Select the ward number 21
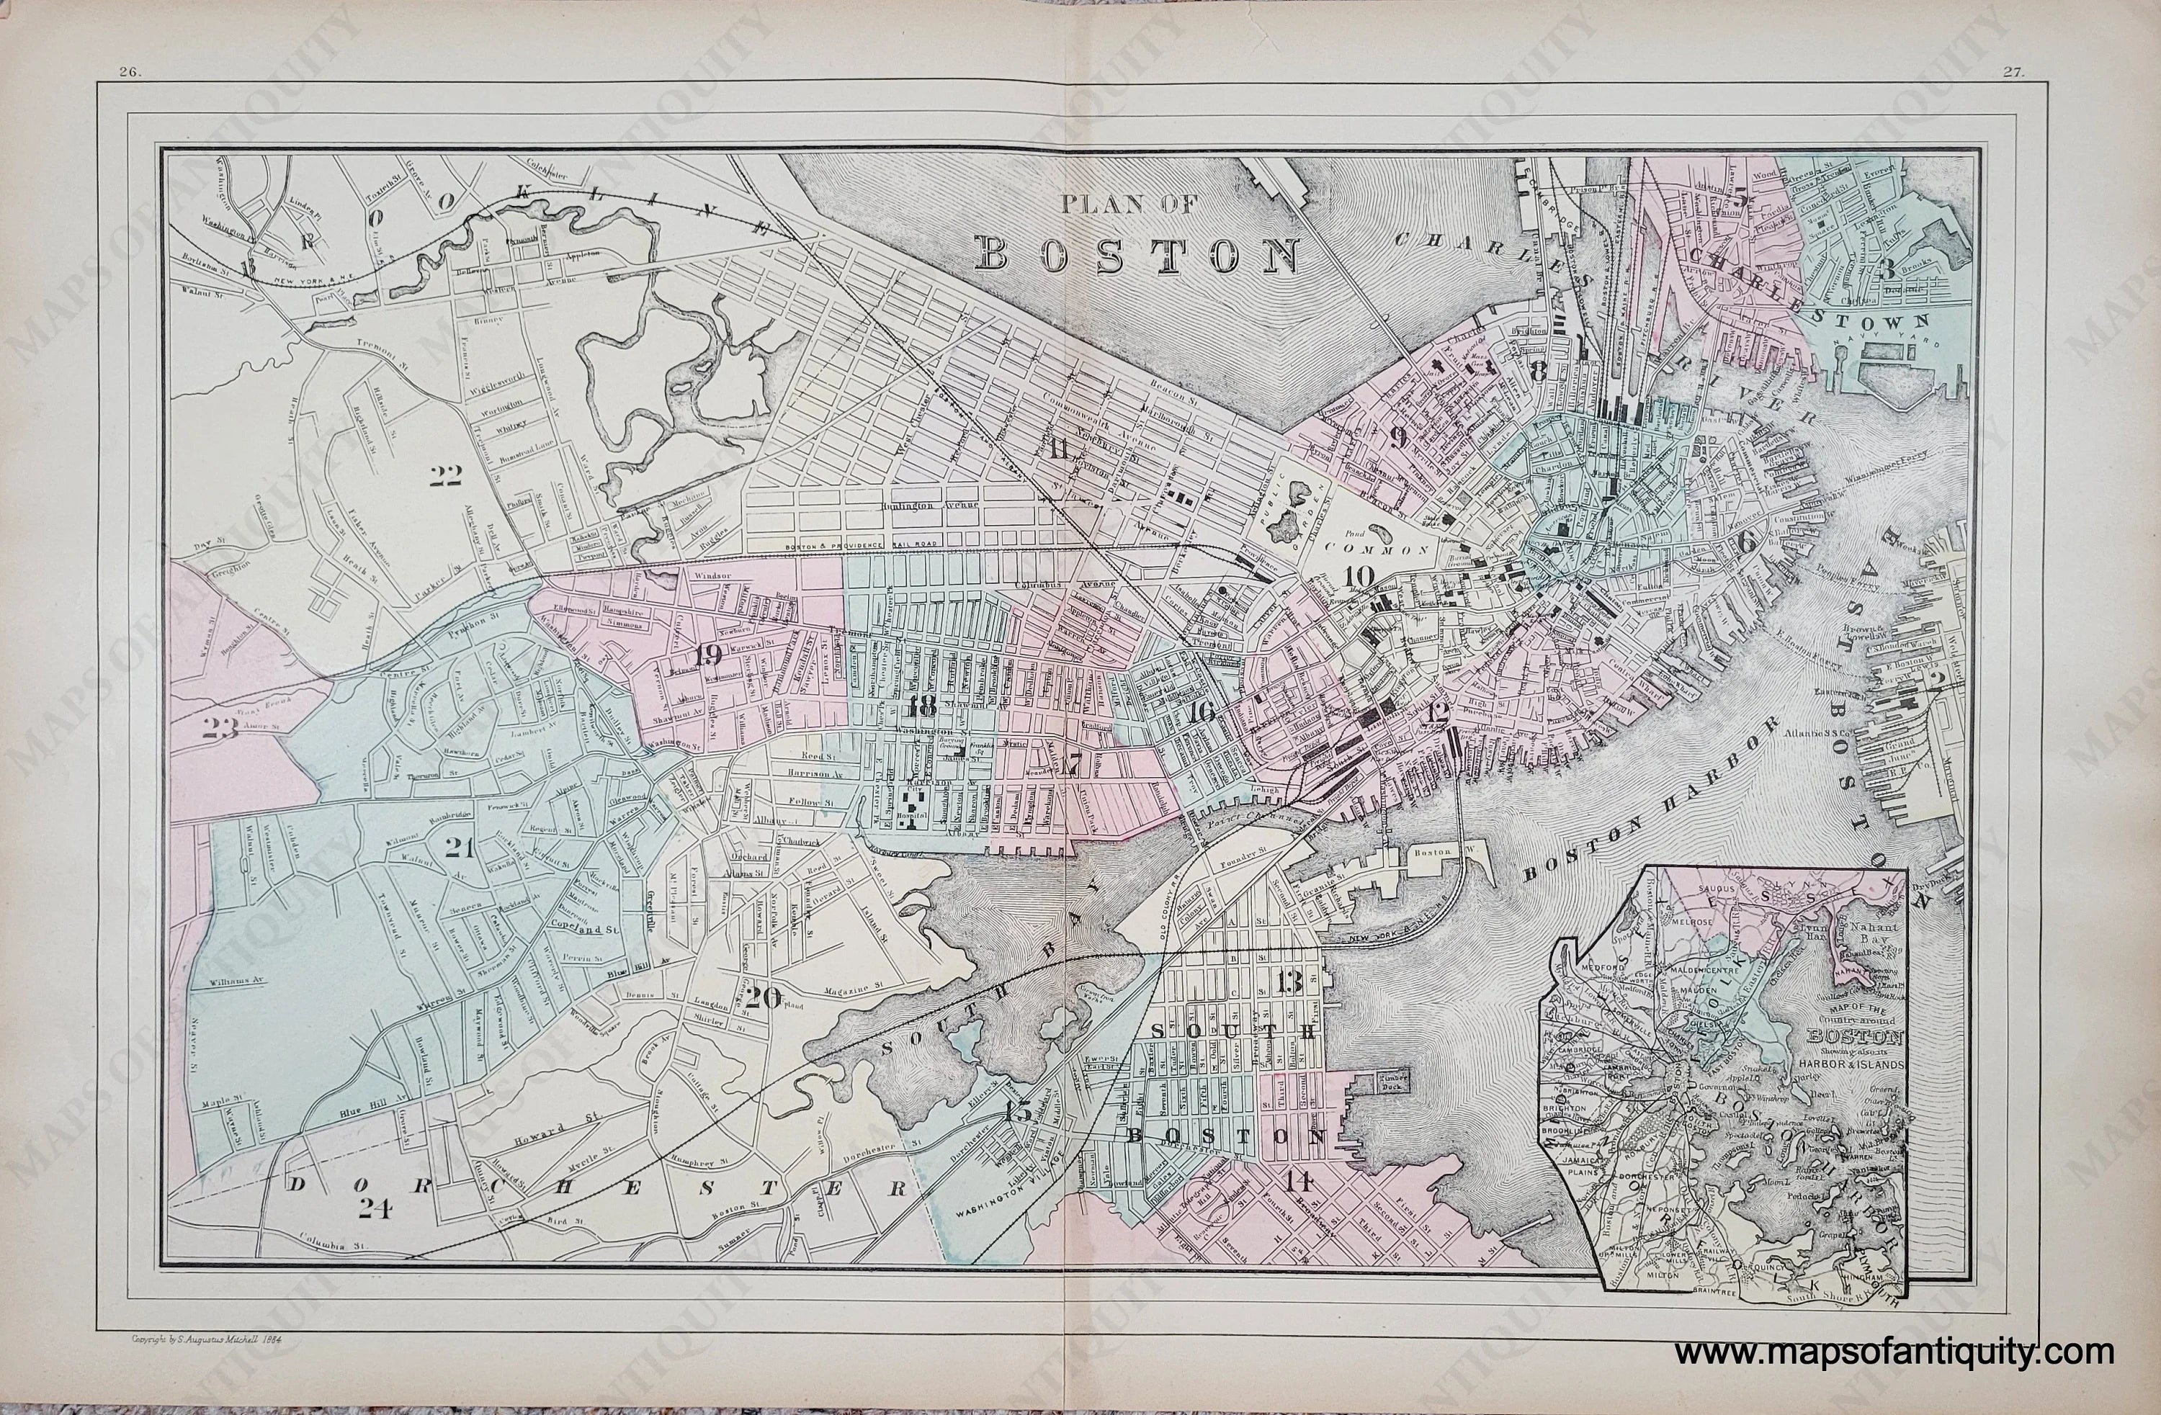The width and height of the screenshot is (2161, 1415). click(460, 848)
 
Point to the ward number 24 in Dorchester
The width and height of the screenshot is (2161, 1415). click(373, 1206)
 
